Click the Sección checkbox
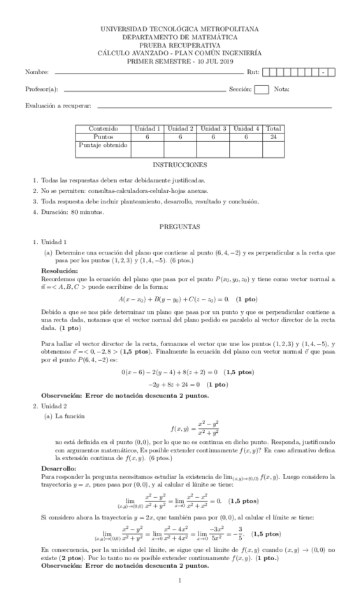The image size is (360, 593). tap(261, 89)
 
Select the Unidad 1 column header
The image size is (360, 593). tap(147, 129)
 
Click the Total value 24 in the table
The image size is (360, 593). tap(273, 137)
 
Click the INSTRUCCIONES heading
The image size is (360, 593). tap(180, 164)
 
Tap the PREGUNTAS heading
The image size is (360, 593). tap(180, 227)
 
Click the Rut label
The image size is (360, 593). tap(252, 73)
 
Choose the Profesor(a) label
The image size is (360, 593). tap(42, 90)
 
